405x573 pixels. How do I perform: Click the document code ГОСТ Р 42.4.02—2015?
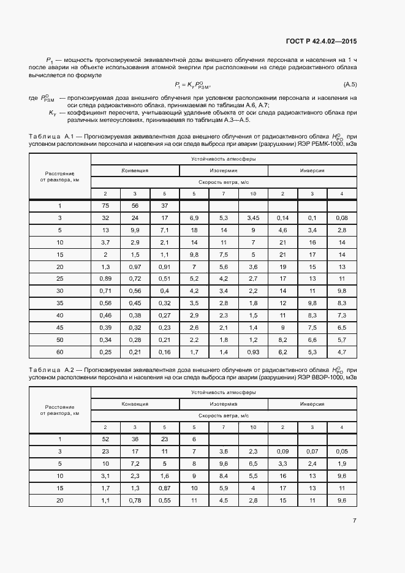pos(321,42)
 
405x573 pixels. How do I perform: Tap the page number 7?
pos(354,521)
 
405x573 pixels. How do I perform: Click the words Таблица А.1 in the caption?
pos(51,136)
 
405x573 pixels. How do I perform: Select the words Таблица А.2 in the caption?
pos(51,370)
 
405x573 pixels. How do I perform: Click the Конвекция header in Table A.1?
pos(135,170)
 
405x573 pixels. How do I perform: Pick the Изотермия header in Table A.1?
pos(223,170)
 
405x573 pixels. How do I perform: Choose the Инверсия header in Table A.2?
pos(312,404)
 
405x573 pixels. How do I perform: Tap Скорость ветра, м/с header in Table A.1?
pos(223,182)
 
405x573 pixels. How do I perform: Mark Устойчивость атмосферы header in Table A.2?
pos(223,392)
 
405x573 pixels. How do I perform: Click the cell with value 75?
pos(105,206)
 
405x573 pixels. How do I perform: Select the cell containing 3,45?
pos(253,218)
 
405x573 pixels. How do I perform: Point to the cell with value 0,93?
pos(253,352)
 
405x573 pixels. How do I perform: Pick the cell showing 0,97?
pos(135,267)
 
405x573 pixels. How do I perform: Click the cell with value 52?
pos(105,439)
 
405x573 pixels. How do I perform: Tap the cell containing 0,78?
pos(135,501)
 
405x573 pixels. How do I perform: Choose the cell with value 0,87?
pos(164,488)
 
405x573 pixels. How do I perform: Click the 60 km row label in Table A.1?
pos(60,352)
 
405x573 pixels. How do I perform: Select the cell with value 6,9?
pos(194,218)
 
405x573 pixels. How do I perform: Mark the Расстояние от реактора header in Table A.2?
pos(60,410)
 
